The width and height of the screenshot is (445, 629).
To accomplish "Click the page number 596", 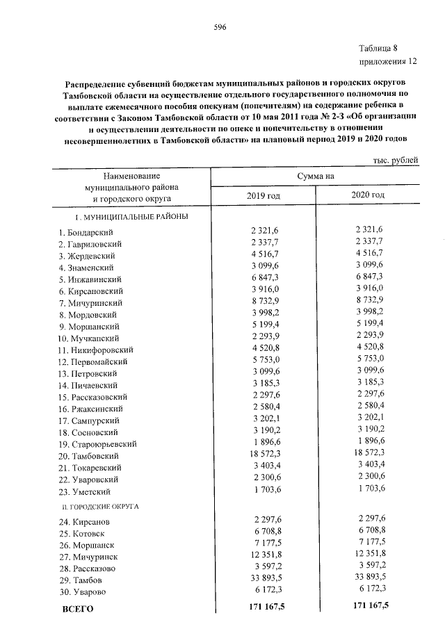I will click(x=221, y=27).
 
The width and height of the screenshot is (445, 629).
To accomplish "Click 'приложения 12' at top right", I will click(x=388, y=61).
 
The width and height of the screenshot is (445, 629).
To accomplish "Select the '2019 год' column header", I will click(x=264, y=196).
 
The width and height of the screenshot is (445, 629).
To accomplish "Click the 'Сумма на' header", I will click(x=316, y=177).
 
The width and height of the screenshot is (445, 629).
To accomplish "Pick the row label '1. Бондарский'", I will click(x=86, y=231).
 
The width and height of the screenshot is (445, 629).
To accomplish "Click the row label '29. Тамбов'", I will click(x=81, y=580).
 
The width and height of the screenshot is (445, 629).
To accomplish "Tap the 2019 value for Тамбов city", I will click(x=261, y=579).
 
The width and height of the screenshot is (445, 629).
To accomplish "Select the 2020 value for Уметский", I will click(x=370, y=491).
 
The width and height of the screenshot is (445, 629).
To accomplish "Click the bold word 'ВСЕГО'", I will click(x=76, y=609).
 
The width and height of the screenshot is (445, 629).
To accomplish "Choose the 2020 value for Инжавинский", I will click(x=370, y=278).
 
